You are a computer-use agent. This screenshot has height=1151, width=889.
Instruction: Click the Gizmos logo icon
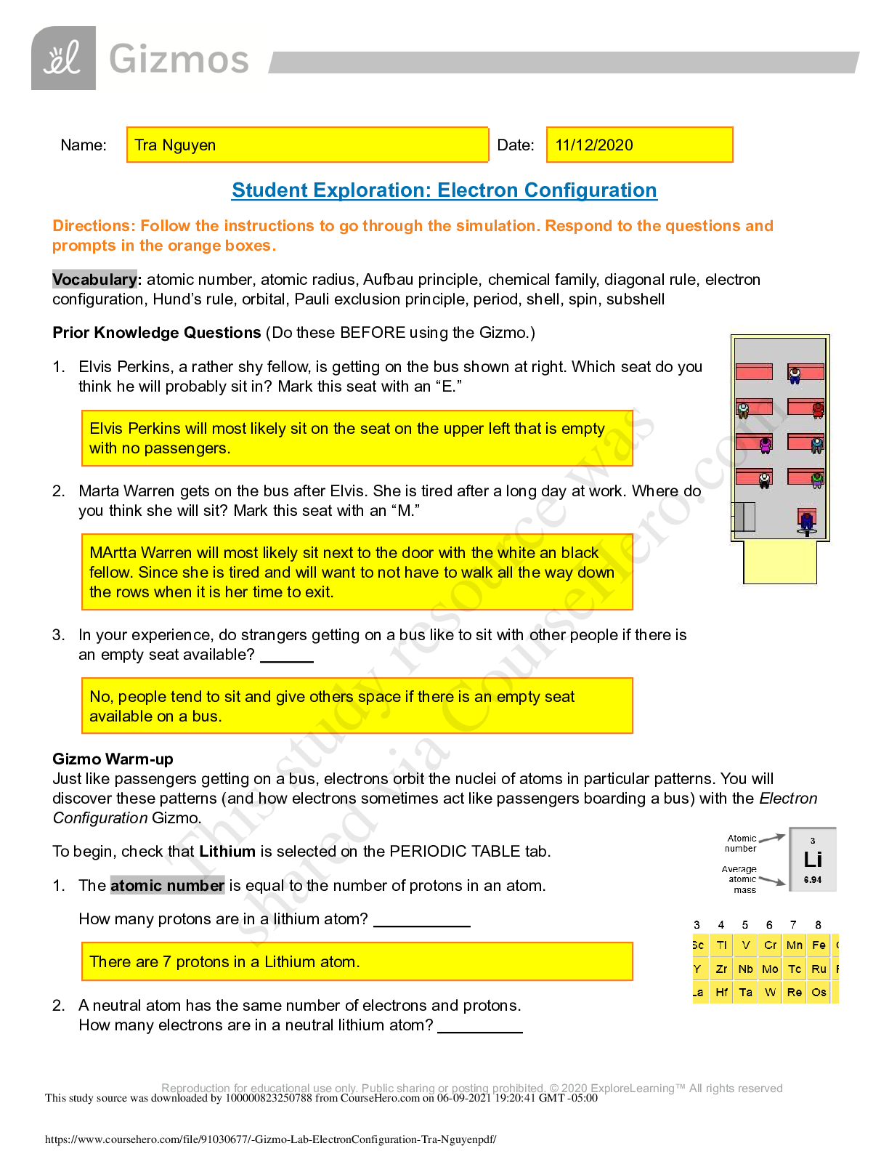63,58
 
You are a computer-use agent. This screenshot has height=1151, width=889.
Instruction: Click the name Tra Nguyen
175,145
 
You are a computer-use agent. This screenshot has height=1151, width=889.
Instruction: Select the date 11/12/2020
593,145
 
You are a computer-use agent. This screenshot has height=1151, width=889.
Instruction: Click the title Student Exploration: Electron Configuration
444,190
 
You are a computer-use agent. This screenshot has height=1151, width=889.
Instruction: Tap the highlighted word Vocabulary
94,280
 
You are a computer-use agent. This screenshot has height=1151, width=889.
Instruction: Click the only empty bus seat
753,372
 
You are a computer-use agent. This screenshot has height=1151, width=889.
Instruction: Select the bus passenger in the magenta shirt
764,444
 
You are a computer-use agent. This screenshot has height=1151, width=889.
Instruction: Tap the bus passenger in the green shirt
817,480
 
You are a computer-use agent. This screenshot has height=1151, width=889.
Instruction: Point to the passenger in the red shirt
818,410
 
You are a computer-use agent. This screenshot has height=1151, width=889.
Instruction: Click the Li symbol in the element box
813,860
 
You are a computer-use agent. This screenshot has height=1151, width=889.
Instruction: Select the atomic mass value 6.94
813,880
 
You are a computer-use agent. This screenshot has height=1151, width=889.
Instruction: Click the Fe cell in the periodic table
819,945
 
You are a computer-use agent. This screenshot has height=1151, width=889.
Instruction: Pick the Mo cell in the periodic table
770,969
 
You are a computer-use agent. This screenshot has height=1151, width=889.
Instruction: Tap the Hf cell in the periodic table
721,993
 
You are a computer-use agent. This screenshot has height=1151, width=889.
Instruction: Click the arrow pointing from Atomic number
772,839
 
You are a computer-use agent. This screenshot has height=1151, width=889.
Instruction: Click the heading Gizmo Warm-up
113,759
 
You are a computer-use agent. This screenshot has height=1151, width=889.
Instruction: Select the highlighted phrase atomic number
167,886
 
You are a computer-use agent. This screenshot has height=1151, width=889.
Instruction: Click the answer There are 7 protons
224,962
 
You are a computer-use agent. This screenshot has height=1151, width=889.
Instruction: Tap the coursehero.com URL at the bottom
270,1139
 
